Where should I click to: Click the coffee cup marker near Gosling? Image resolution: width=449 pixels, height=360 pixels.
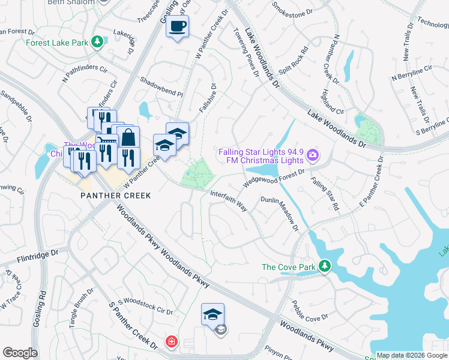click(x=178, y=27)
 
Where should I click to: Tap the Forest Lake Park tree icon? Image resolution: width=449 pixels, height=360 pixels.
click(x=97, y=42)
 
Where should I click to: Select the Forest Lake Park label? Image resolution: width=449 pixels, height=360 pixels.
click(x=56, y=43)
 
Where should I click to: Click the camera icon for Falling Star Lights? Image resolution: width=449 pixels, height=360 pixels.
click(x=312, y=156)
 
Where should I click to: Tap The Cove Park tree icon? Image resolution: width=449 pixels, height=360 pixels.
click(x=325, y=265)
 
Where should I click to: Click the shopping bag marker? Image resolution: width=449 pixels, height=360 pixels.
click(x=128, y=138)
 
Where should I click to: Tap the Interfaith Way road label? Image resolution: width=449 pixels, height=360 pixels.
click(x=229, y=201)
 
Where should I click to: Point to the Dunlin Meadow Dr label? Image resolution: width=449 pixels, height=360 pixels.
click(x=279, y=214)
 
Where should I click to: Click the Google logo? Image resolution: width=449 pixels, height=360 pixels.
click(x=20, y=353)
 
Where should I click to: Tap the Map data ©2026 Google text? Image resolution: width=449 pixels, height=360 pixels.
click(x=411, y=355)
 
